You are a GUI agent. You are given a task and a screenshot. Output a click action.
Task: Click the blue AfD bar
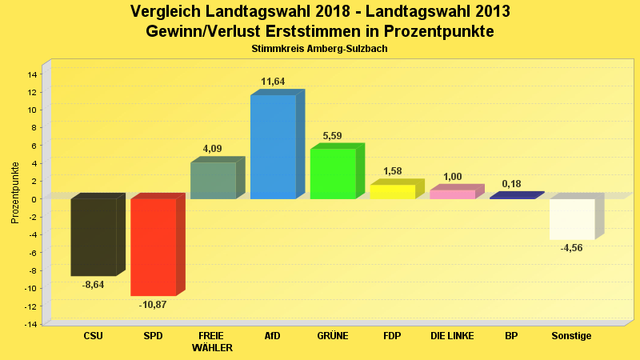pos(273,147)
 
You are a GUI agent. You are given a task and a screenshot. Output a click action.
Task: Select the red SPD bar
pos(153,247)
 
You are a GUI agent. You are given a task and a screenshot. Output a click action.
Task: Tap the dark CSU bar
pos(94,237)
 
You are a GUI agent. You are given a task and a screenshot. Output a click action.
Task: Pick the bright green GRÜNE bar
pos(333,174)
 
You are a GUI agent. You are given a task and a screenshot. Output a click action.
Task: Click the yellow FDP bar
pos(393,192)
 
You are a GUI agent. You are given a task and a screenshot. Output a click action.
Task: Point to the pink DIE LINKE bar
pos(453,194)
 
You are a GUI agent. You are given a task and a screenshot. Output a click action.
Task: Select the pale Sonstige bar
pos(572,219)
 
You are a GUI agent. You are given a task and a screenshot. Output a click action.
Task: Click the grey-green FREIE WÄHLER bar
pos(213,181)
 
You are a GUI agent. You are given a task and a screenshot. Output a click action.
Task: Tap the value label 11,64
pos(273,82)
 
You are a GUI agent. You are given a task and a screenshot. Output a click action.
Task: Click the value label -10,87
pos(153,305)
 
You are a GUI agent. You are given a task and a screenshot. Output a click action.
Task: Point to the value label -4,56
pos(572,249)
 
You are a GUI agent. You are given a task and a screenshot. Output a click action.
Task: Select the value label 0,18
pos(511,184)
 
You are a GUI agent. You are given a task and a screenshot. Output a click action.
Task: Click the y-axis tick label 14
pos(33,74)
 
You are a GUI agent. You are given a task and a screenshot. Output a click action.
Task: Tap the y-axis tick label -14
pos(31,324)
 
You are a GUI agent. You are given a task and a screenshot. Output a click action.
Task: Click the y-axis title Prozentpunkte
pos(15,193)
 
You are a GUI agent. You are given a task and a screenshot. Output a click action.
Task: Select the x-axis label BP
pos(511,336)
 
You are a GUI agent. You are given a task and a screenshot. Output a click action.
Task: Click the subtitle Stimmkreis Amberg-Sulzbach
pos(319,49)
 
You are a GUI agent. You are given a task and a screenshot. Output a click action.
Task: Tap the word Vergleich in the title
pos(166,12)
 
